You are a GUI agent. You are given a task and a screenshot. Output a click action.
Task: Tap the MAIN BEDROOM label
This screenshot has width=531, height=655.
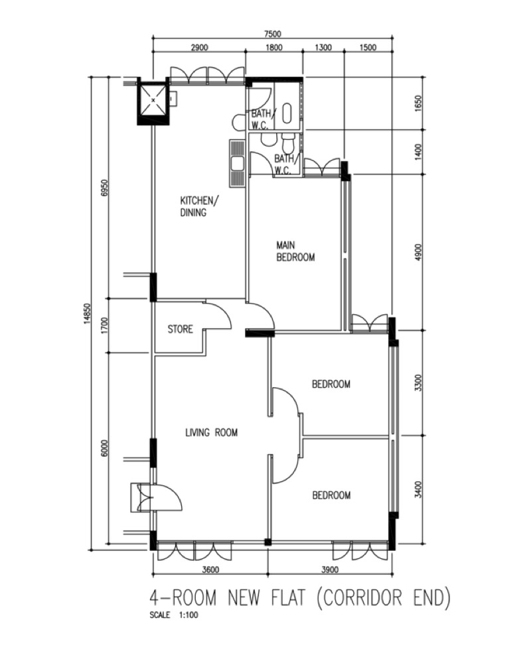point(295,251)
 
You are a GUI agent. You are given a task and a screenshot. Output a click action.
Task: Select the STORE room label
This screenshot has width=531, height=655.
point(180,329)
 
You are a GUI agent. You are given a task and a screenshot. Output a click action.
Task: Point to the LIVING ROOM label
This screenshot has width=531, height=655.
point(211,433)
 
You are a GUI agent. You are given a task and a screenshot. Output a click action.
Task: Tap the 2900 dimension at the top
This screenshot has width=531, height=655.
point(199,47)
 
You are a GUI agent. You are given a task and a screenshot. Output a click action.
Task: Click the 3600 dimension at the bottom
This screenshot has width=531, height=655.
point(210,569)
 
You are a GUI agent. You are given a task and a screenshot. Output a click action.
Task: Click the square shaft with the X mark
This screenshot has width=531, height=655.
point(153,101)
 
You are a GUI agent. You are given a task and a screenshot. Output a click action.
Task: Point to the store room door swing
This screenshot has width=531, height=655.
point(218,314)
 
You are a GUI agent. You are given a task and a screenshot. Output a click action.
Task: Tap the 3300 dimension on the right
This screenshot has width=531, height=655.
point(417,383)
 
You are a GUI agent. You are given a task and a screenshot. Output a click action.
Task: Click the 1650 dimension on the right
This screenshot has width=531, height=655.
point(417,103)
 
